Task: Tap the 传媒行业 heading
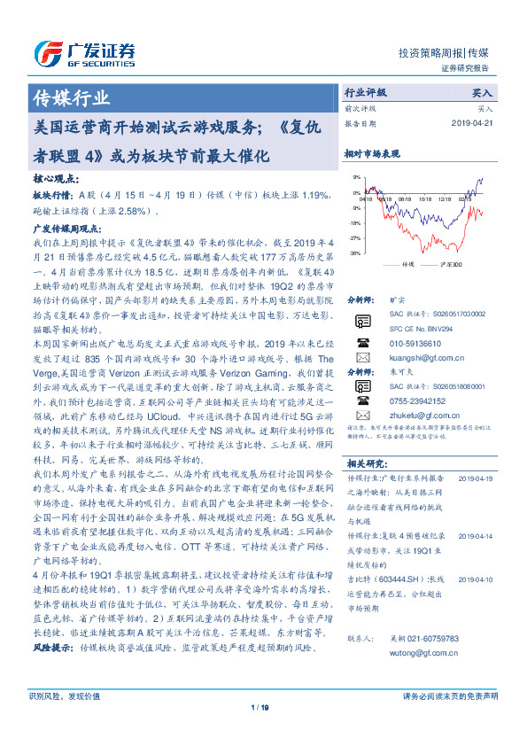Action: (x=72, y=97)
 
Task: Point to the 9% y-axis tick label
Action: (x=357, y=178)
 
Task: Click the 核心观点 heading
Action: (x=50, y=178)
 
